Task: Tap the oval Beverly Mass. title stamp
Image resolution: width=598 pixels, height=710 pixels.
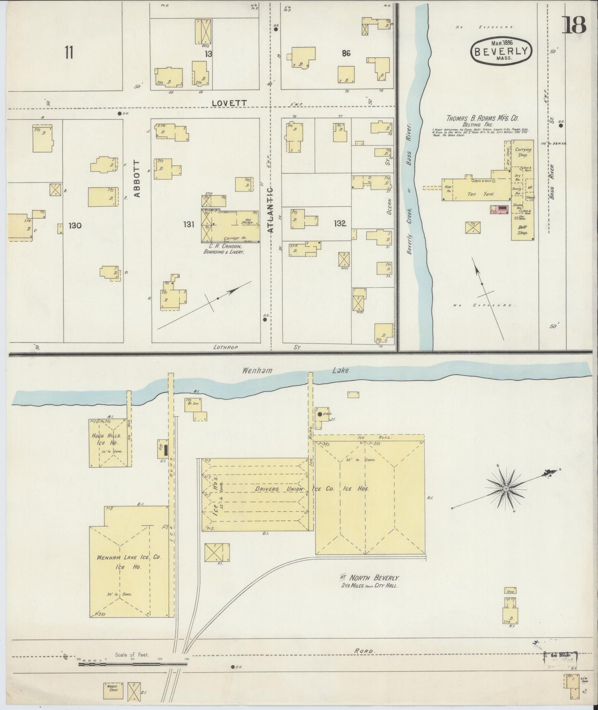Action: [501, 51]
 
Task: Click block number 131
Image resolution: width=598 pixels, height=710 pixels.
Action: [189, 224]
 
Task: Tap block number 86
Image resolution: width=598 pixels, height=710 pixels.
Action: [346, 53]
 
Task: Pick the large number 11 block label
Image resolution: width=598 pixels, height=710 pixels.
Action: [69, 53]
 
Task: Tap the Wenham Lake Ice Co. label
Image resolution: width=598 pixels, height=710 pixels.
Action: [128, 557]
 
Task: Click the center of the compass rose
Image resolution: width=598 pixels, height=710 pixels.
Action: [505, 489]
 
